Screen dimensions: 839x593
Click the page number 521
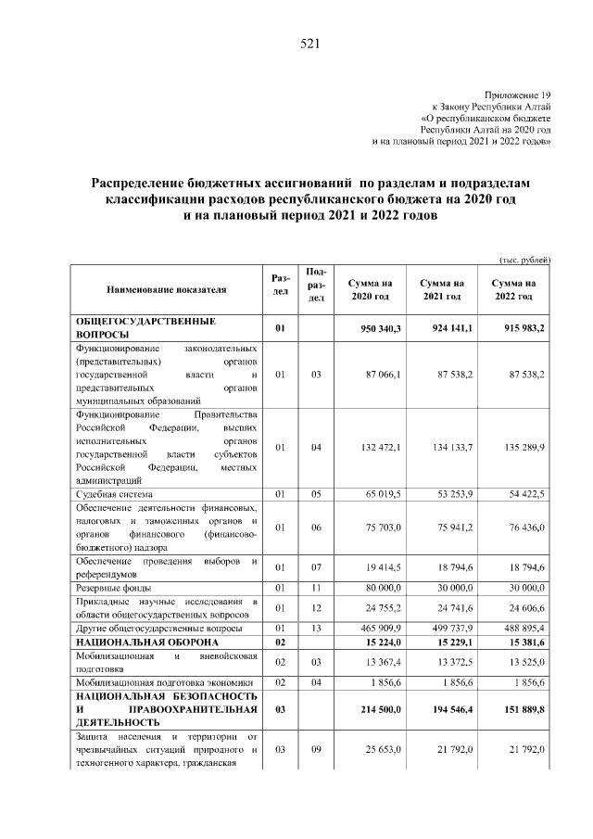coord(309,44)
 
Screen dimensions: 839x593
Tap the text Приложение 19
coord(518,95)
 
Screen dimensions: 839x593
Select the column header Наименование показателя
coord(166,289)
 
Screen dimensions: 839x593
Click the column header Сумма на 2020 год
coord(370,289)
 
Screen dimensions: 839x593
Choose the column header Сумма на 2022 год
coord(513,289)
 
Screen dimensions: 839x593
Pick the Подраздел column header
coord(315,284)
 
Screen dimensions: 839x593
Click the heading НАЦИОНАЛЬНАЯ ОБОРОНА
coord(147,642)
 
